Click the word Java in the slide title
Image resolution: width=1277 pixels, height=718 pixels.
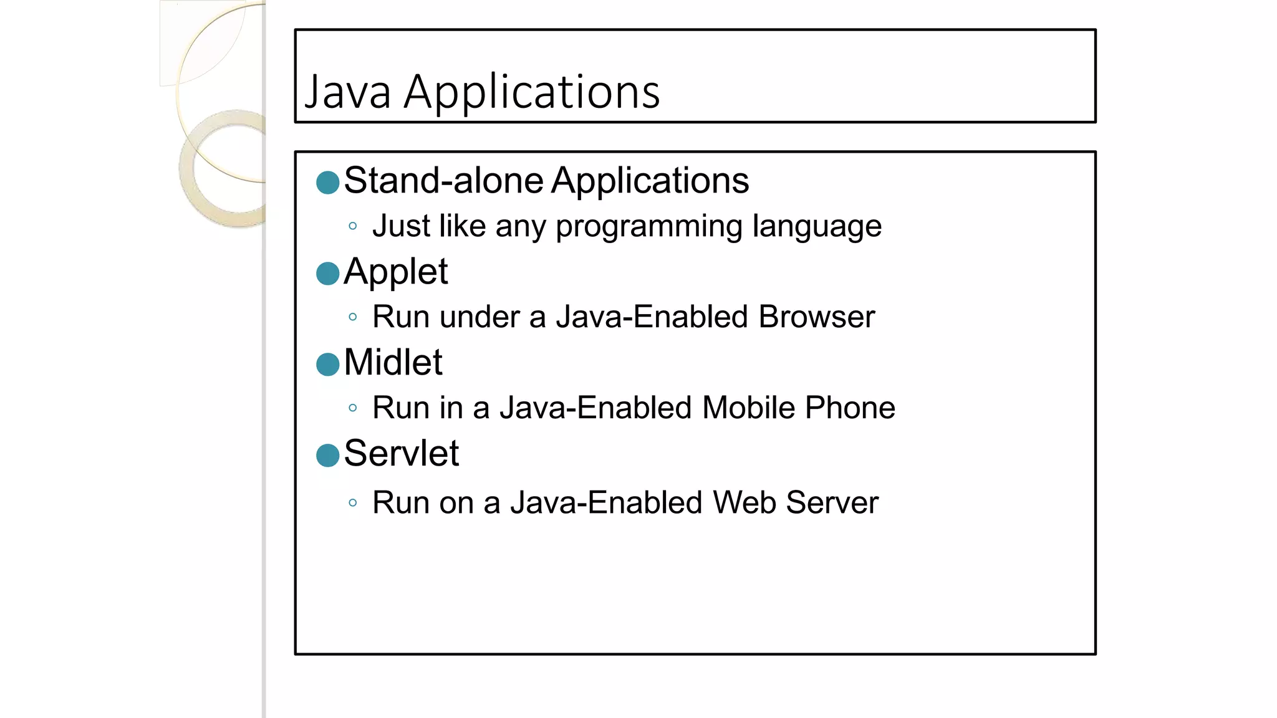(347, 92)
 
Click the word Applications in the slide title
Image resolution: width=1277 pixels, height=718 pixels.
(532, 92)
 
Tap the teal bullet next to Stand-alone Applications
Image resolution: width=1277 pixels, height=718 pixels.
(328, 183)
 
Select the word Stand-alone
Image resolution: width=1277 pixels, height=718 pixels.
(443, 181)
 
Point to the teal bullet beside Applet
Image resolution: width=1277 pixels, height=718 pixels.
(328, 273)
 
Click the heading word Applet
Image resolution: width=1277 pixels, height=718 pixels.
(395, 272)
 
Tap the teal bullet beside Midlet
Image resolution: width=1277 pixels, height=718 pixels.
(328, 365)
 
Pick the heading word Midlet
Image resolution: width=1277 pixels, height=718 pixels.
(393, 362)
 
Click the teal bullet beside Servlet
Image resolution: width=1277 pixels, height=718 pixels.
(328, 456)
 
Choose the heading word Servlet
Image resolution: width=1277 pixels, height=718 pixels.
(401, 453)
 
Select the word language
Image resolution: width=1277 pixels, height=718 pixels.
(817, 227)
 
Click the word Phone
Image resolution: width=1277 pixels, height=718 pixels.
(850, 408)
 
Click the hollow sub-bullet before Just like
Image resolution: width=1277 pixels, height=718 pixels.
(353, 226)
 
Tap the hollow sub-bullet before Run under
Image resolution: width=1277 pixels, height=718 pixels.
(353, 317)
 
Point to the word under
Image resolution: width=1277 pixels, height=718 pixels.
(479, 317)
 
